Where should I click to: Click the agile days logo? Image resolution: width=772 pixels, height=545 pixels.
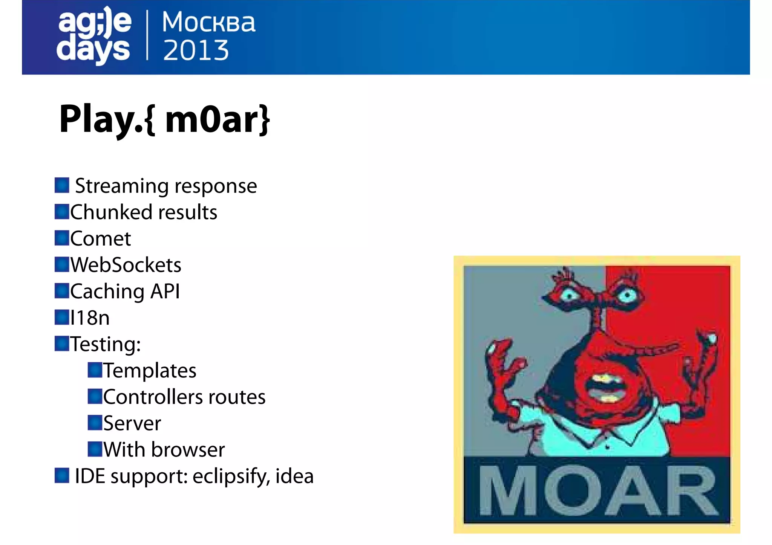[x=94, y=36]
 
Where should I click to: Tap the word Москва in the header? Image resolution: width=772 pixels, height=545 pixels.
[x=208, y=22]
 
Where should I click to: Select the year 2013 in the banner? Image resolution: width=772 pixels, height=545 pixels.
[x=196, y=50]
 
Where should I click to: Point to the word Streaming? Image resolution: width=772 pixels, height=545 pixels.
[x=122, y=186]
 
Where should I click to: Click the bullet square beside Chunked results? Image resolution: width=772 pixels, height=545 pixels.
[x=62, y=212]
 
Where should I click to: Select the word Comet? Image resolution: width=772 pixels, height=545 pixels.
[x=101, y=239]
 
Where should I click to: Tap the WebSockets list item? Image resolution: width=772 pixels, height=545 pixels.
[x=126, y=265]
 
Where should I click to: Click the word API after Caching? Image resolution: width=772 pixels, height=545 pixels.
[x=165, y=292]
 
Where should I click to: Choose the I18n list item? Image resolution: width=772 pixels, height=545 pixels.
[x=90, y=318]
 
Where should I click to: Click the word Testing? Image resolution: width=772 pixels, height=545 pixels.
[x=106, y=344]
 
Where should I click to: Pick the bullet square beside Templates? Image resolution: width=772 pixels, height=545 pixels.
[x=95, y=370]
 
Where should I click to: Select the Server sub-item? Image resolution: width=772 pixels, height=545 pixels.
[x=132, y=423]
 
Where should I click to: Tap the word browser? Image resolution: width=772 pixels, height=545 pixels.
[x=188, y=450]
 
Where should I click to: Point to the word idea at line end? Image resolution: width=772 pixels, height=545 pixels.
[x=294, y=476]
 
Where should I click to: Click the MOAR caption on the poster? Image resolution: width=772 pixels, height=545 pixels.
[x=597, y=491]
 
